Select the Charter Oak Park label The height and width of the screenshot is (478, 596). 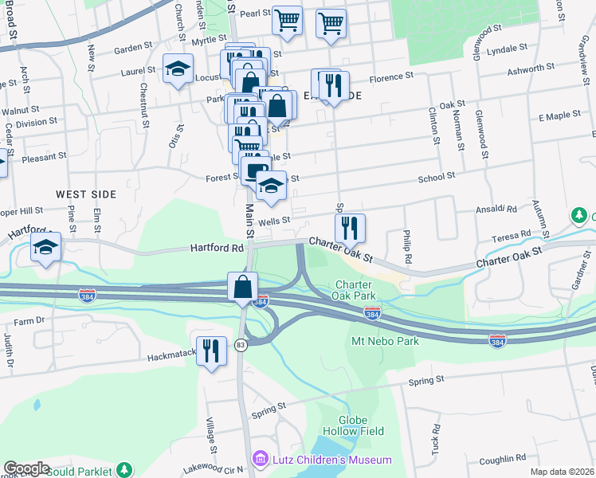coord(359,291)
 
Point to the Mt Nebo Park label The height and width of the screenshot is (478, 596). coord(385,341)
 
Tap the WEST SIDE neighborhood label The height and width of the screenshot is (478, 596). coord(86,194)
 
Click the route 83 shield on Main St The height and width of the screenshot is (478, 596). coord(240,344)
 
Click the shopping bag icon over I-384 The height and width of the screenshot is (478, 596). coord(242,287)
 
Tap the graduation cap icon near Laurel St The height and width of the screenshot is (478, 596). coord(178,69)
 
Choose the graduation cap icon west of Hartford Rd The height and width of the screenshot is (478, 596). coord(46,248)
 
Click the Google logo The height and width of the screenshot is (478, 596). coord(25,468)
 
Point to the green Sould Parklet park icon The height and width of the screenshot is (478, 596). coord(124,470)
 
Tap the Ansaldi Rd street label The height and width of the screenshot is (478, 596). coord(496,209)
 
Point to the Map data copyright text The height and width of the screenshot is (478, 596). coord(563,472)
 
